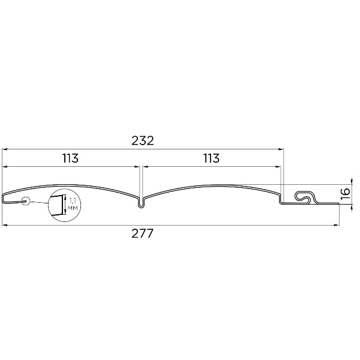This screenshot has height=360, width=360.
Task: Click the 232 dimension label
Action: click(142, 141)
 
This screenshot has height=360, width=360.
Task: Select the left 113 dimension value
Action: click(70, 158)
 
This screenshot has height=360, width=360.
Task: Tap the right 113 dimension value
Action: click(211, 158)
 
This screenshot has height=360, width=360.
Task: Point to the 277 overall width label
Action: click(142, 233)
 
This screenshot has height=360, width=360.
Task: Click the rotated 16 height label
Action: click(345, 194)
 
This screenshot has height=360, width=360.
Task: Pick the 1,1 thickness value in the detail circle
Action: click(73, 201)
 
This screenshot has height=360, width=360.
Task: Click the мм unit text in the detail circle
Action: click(73, 208)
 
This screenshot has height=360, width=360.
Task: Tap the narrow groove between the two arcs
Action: click(141, 203)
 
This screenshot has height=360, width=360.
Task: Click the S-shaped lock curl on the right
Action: click(305, 197)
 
